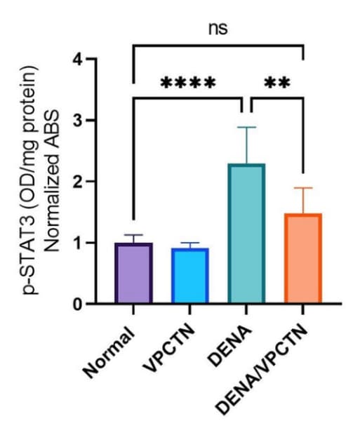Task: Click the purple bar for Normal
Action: pyautogui.click(x=134, y=273)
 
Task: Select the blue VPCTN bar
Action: pyautogui.click(x=190, y=276)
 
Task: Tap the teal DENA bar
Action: pyautogui.click(x=246, y=234)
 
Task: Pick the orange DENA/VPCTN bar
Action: pyautogui.click(x=303, y=258)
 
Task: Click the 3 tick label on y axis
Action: pyautogui.click(x=78, y=121)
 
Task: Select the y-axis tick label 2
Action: pyautogui.click(x=78, y=182)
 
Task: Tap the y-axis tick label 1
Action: pyautogui.click(x=79, y=243)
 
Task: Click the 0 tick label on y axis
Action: pyautogui.click(x=78, y=305)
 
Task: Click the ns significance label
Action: pyautogui.click(x=218, y=29)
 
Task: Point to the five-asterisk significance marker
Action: pyautogui.click(x=188, y=82)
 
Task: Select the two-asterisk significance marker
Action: pyautogui.click(x=277, y=82)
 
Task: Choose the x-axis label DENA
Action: pyautogui.click(x=230, y=345)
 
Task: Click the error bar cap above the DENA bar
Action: pyautogui.click(x=246, y=127)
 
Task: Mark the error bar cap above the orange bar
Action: pyautogui.click(x=303, y=188)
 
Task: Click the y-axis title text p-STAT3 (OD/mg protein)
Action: pyautogui.click(x=29, y=180)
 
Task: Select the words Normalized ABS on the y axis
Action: pyautogui.click(x=51, y=181)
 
